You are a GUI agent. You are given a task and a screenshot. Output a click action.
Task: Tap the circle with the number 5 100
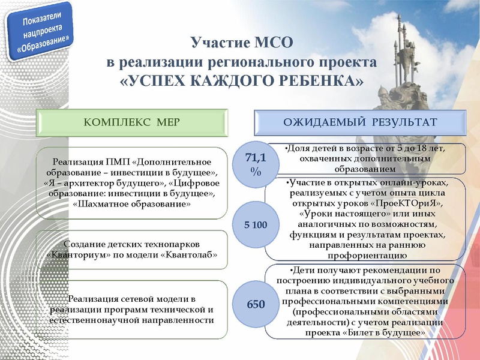click(x=256, y=225)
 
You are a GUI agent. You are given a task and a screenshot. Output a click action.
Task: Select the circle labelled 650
click(x=256, y=304)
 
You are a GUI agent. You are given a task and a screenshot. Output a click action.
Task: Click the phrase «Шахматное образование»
click(x=131, y=204)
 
